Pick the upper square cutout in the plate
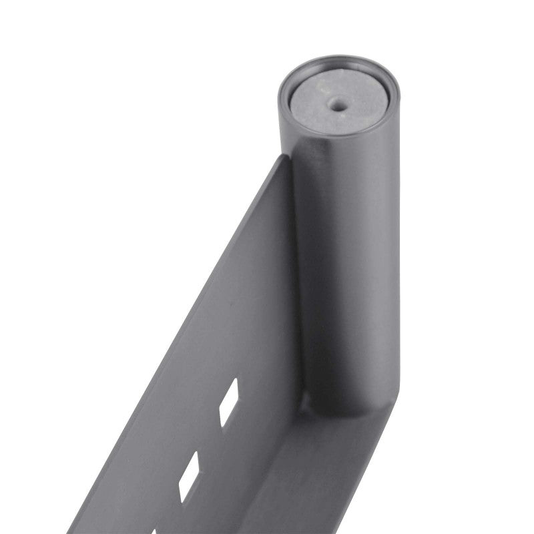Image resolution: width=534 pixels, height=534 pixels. point(229,403)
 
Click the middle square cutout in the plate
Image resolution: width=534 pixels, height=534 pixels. point(189,477)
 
